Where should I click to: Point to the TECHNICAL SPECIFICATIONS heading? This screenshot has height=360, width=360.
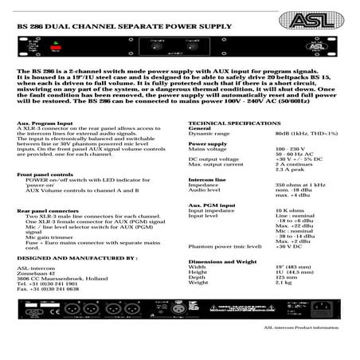tap(234, 123)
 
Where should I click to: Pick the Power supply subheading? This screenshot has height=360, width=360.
tap(209, 143)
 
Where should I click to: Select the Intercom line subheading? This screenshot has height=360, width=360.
tap(206, 179)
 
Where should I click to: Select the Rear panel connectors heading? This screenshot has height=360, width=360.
tap(47, 210)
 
